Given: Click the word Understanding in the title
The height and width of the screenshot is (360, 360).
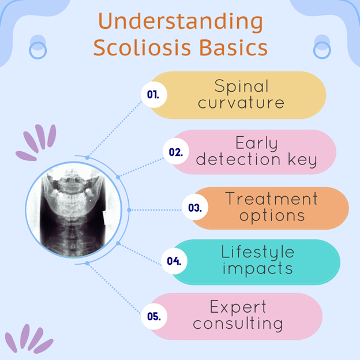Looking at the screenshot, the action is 181,22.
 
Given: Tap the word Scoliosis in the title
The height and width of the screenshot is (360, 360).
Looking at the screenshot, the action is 142,47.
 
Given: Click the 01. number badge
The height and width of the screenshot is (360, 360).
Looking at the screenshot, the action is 154,95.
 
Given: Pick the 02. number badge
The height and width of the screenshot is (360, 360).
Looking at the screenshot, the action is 176,151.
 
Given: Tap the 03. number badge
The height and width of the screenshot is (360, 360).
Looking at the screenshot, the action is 195,207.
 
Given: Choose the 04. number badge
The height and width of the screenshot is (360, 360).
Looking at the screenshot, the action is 174,261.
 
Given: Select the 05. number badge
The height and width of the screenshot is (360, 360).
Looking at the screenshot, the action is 154,316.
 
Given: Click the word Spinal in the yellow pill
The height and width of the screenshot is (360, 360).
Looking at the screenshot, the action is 241,87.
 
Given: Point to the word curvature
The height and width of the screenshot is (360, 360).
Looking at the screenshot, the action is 241,103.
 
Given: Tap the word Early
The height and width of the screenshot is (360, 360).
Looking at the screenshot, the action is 257,143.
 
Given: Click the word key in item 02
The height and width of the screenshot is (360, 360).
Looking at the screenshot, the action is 302,160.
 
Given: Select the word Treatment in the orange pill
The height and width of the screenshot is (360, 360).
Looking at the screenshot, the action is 272,198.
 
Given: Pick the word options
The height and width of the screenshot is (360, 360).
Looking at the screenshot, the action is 272,216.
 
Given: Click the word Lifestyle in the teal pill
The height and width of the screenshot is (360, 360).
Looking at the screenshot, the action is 258,252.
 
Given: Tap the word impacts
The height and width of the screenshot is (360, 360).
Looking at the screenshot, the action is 258,269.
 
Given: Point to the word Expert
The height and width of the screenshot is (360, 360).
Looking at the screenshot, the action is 238,307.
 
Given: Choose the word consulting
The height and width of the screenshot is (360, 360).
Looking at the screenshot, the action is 238,324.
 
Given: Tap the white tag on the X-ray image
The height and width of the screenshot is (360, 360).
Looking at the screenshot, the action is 107,217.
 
